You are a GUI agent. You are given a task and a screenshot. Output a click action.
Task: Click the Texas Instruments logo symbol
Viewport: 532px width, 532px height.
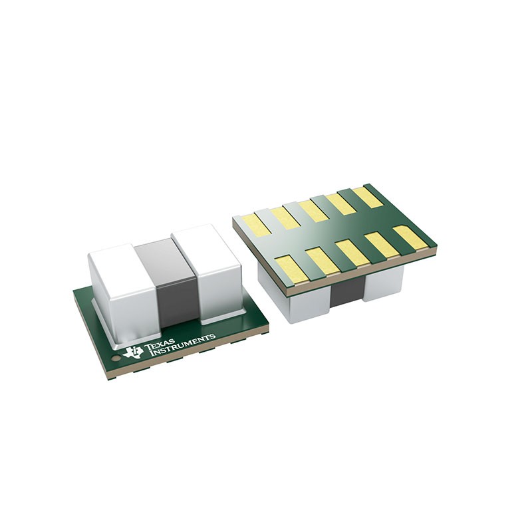point(133,350)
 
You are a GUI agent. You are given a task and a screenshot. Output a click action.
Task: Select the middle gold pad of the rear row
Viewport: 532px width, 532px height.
point(313,210)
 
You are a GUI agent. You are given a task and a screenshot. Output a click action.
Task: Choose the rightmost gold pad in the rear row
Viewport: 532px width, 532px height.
point(368,197)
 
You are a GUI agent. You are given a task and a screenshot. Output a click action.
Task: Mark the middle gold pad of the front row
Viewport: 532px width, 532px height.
point(352,251)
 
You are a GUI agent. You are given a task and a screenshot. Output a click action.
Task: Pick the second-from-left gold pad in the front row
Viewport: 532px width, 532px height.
point(322,259)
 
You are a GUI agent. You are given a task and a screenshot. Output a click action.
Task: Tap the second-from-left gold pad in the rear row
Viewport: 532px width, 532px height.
point(285,217)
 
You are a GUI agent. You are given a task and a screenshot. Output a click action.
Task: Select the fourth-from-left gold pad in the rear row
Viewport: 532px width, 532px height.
point(341,203)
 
